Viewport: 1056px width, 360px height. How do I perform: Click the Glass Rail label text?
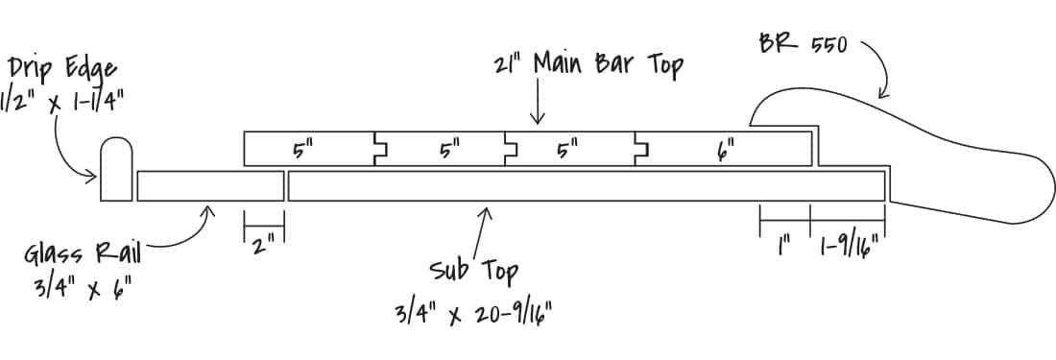(84, 254)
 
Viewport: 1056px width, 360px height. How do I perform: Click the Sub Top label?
(473, 270)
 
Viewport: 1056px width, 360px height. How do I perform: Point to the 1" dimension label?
(784, 249)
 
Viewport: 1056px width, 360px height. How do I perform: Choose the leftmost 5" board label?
(304, 150)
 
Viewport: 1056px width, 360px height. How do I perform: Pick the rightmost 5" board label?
(568, 150)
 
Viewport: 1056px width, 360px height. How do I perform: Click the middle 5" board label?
(450, 150)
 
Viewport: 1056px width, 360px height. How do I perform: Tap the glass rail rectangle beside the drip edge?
(209, 186)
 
